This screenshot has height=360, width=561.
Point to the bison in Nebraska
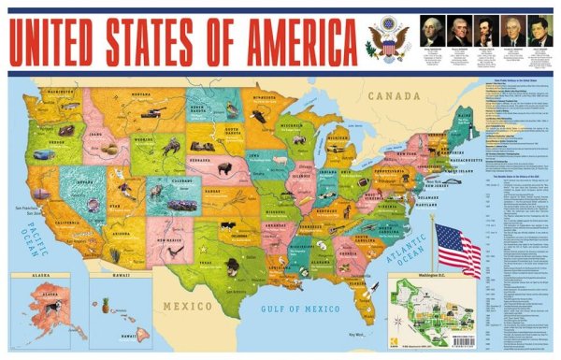coord(224,170)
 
